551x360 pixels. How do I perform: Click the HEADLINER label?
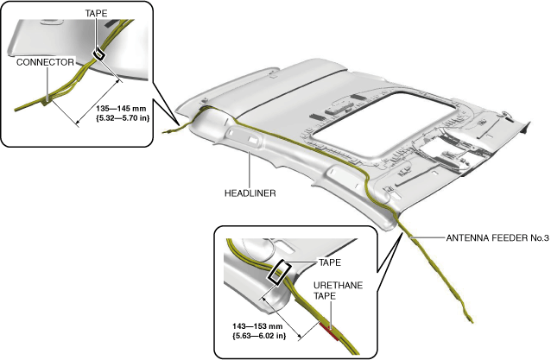pos(250,193)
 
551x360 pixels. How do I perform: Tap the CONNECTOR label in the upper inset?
pos(45,62)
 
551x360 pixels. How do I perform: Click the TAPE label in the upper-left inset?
pos(96,13)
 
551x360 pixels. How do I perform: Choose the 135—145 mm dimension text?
pos(121,109)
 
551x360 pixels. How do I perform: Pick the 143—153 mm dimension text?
pos(257,326)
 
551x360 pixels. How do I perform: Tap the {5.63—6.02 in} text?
pos(259,336)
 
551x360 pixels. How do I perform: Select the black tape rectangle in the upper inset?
pos(98,54)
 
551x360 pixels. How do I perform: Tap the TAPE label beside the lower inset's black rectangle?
pos(329,262)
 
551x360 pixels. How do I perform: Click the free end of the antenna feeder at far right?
pos(472,321)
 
